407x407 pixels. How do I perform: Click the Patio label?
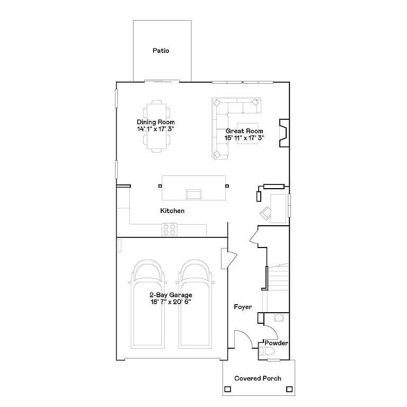point(161,51)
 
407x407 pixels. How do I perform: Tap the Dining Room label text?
point(155,122)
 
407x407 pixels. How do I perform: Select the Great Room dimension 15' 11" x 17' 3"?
point(244,138)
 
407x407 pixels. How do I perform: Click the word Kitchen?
point(172,211)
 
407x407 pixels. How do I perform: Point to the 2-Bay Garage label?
point(170,295)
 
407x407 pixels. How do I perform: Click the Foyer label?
point(243,307)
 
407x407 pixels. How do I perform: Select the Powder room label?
point(276,343)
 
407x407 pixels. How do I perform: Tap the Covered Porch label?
point(258,378)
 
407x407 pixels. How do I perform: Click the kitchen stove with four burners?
point(170,229)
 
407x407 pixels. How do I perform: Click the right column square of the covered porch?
point(289,389)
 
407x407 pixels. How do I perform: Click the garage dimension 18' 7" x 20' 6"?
point(170,302)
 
